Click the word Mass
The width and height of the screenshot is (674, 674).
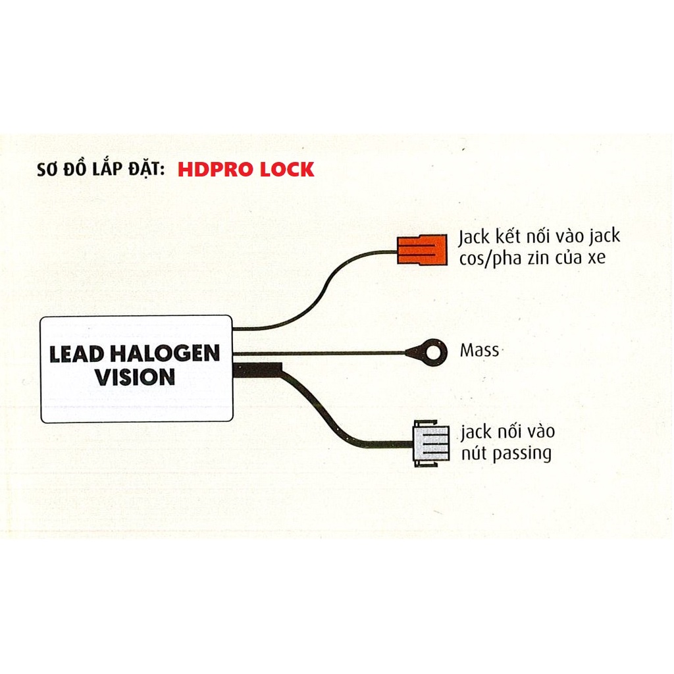[x=479, y=351]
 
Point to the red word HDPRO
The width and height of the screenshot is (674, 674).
[x=215, y=169]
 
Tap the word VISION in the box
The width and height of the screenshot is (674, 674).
[x=135, y=377]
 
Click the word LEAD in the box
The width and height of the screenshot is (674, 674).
[x=77, y=354]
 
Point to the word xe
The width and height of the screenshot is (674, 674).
[x=596, y=258]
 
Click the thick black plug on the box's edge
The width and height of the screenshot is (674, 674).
[x=258, y=370]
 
